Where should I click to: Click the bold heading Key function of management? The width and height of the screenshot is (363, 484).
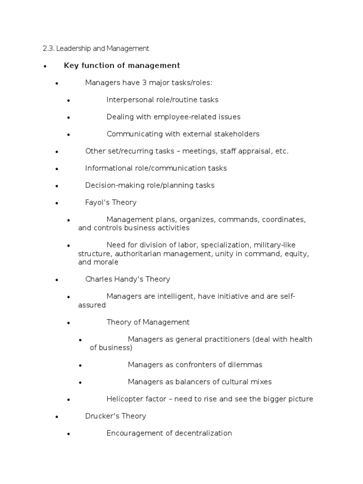(122, 65)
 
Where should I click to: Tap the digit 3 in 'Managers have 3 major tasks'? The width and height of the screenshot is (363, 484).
(144, 83)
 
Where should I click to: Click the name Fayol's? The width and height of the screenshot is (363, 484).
(97, 202)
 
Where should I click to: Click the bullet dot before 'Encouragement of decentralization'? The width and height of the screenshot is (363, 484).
(69, 434)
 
